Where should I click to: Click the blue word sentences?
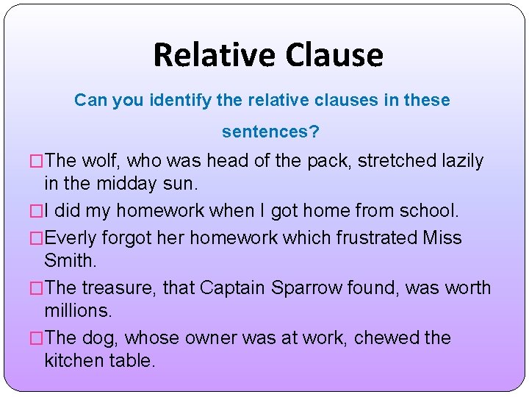[x=270, y=132]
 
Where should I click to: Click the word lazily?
[x=464, y=161]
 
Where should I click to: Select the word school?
[x=428, y=211]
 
